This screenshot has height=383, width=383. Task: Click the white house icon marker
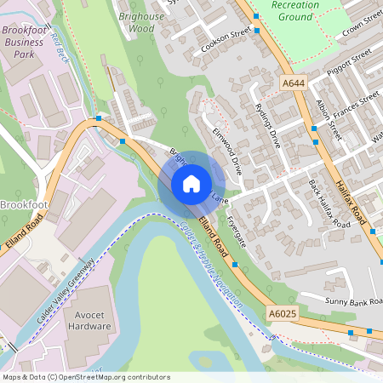pyautogui.click(x=191, y=183)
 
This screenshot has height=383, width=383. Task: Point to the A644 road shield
pyautogui.click(x=292, y=83)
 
